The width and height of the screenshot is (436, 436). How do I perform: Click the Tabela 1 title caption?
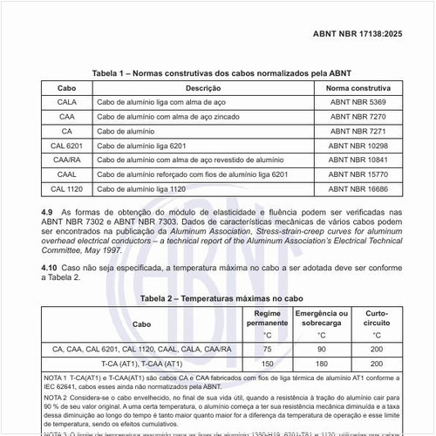(218, 73)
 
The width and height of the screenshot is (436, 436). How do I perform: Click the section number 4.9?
(48, 212)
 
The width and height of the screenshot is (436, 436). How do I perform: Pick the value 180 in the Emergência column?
(321, 363)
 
